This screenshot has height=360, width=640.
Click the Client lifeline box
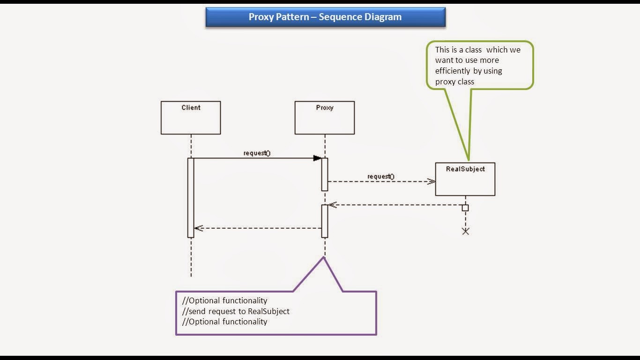pyautogui.click(x=191, y=118)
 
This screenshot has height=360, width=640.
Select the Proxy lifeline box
pyautogui.click(x=325, y=118)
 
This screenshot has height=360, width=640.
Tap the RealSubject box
pyautogui.click(x=465, y=179)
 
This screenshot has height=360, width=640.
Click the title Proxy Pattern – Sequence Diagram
pyautogui.click(x=325, y=17)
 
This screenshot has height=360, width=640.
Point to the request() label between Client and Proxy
pyautogui.click(x=257, y=153)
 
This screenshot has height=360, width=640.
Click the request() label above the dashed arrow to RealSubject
pyautogui.click(x=381, y=177)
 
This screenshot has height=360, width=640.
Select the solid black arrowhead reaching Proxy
pyautogui.click(x=317, y=158)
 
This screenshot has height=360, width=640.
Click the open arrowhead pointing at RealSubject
pyautogui.click(x=432, y=181)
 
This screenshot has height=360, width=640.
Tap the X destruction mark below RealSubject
pyautogui.click(x=465, y=231)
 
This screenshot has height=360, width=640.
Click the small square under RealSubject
pyautogui.click(x=465, y=208)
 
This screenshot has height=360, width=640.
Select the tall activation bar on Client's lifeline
pyautogui.click(x=191, y=198)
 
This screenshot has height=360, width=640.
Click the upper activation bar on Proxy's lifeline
pyautogui.click(x=325, y=174)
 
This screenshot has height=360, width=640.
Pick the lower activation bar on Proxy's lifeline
pyautogui.click(x=325, y=221)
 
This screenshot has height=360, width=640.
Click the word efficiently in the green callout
pyautogui.click(x=453, y=71)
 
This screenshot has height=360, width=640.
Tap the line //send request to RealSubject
pyautogui.click(x=236, y=311)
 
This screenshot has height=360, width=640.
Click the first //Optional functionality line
pyautogui.click(x=225, y=300)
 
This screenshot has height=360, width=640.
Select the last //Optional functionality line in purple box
pyautogui.click(x=225, y=322)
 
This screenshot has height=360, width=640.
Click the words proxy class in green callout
pyautogui.click(x=454, y=82)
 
